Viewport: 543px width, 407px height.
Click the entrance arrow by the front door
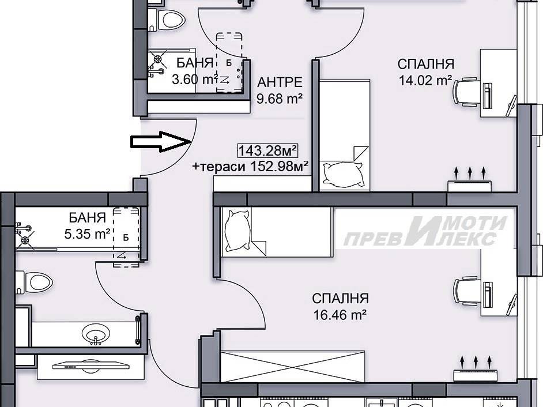[x=161, y=142]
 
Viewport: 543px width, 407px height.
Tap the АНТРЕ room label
[x=280, y=82]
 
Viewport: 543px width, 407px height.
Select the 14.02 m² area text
[x=425, y=81]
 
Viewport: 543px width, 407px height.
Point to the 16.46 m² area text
[x=340, y=315]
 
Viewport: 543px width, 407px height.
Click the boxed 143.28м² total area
[x=267, y=150]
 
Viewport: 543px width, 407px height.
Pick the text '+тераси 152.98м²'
[x=250, y=167]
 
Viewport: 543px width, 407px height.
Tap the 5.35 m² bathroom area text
[x=87, y=234]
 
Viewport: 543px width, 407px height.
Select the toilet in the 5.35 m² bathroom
[x=34, y=282]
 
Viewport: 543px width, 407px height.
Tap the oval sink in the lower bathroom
[x=96, y=334]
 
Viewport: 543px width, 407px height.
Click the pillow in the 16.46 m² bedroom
[x=237, y=230]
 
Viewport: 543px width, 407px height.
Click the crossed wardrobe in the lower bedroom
[x=293, y=367]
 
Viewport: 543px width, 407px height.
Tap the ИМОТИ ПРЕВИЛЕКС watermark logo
[x=424, y=231]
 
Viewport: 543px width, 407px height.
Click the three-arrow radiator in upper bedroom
[x=470, y=180]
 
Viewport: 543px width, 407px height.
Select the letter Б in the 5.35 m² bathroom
[x=126, y=238]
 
